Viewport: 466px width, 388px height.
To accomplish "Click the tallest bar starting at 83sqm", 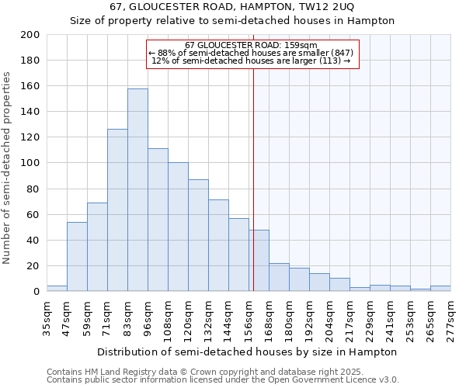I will pos(137,190).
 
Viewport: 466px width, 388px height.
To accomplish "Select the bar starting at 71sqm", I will pos(117,210).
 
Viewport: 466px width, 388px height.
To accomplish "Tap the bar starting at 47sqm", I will pos(77,256).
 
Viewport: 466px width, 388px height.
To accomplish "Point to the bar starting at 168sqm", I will pos(279,277).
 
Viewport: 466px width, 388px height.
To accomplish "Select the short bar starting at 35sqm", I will pos(57,289).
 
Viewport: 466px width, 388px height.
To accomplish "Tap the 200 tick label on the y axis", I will pos(30,35).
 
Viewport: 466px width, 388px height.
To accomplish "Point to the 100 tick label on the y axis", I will pos(30,163).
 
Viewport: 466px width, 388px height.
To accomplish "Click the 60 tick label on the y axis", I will pos(33,214).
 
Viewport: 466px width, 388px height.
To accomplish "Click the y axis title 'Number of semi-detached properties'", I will pos(8,168).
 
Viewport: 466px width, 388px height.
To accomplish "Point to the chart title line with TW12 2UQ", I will pos(232,6).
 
